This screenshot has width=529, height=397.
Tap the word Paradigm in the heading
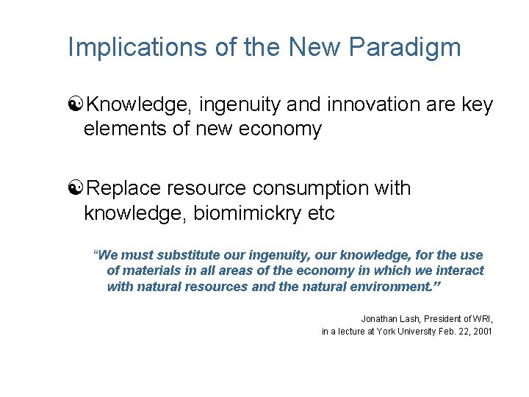tap(405, 47)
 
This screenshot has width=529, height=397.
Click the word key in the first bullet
tap(478, 105)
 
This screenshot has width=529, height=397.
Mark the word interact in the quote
tap(461, 271)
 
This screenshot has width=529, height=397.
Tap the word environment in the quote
tap(383, 286)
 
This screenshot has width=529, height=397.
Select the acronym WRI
tap(481, 318)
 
